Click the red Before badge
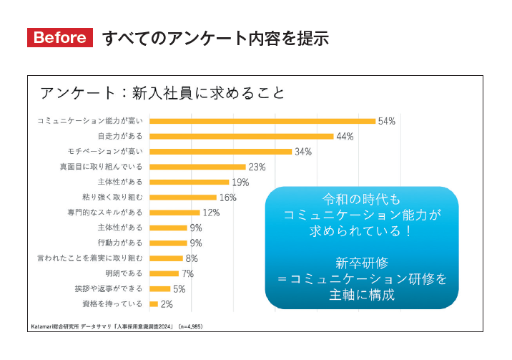tap(60, 38)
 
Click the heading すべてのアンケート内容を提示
tap(215, 38)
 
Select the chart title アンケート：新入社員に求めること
tap(162, 94)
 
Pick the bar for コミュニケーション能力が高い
tap(262, 121)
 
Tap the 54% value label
tap(387, 122)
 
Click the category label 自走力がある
tap(120, 136)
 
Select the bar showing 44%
tap(242, 136)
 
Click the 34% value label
tap(303, 152)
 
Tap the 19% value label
tap(240, 183)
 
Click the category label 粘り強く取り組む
tap(112, 197)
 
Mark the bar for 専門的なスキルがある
tap(174, 213)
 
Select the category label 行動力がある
tap(120, 243)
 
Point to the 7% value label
tap(188, 273)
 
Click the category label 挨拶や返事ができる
tap(109, 288)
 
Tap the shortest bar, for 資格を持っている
tap(154, 304)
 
